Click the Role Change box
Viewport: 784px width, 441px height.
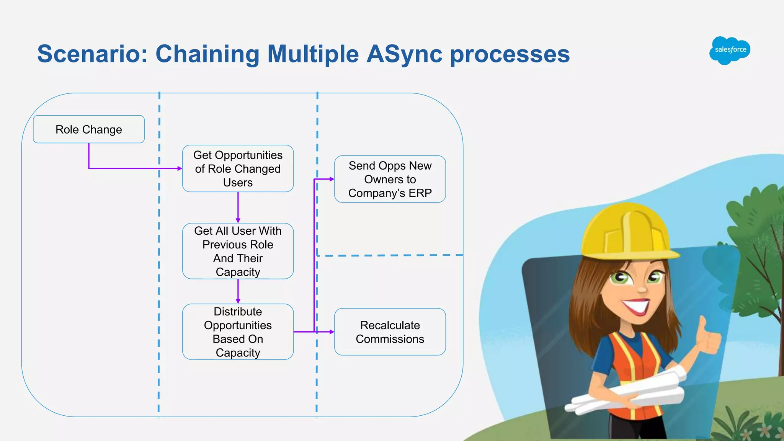89,129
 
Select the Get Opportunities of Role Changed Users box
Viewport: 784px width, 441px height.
238,168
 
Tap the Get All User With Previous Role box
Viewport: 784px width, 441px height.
238,251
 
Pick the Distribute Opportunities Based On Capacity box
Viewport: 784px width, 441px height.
238,332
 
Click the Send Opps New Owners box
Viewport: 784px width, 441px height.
390,179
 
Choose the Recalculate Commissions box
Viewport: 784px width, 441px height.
390,332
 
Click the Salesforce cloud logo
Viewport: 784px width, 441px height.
730,50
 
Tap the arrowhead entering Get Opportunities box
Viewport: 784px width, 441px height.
180,168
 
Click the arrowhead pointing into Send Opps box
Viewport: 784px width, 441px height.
332,179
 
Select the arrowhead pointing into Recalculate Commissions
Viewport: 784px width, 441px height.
332,332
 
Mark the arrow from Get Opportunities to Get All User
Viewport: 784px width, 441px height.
238,207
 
